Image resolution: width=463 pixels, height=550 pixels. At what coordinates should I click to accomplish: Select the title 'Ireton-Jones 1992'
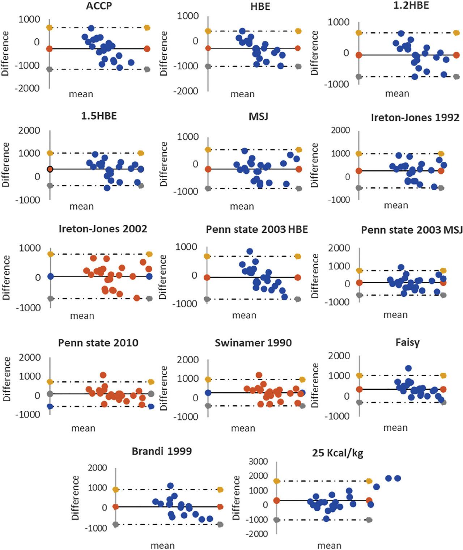pos(415,117)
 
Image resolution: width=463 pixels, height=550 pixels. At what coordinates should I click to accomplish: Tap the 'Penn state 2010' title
pos(98,342)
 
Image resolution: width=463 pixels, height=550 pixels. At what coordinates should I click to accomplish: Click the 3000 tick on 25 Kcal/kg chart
pos(260,461)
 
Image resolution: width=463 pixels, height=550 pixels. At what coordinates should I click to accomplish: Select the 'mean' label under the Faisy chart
pos(395,427)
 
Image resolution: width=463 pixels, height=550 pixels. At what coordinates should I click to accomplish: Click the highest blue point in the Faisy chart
pos(408,368)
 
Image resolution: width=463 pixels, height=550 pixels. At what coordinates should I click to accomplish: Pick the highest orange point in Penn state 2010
pos(103,375)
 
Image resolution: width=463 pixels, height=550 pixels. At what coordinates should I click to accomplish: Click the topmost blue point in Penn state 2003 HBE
pos(250,251)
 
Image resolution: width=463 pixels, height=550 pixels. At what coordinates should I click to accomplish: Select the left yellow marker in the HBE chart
pos(208,31)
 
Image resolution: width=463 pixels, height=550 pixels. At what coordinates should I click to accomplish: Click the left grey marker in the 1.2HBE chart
pos(359,77)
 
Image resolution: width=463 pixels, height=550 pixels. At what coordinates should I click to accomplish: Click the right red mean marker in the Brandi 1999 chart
pos(220,507)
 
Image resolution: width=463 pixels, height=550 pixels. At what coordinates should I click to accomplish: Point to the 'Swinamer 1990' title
pos(253,342)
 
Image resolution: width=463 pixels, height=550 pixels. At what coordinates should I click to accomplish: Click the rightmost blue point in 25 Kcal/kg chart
pos(398,478)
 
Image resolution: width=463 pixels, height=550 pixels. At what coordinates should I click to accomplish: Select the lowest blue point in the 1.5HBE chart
pos(107,188)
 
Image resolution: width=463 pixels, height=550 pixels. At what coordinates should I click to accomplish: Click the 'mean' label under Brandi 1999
pos(162,545)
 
